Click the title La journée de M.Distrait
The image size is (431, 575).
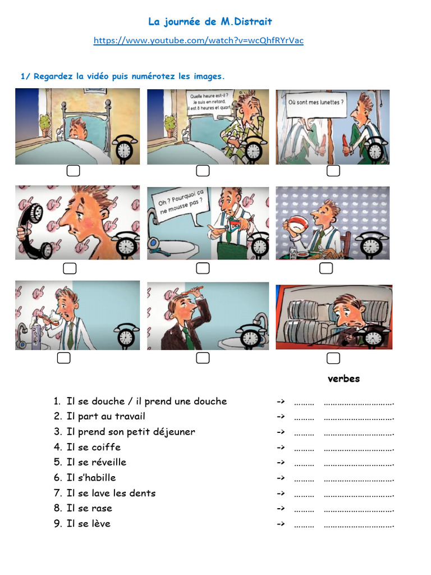(x=210, y=22)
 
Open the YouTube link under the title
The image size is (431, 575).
(x=198, y=40)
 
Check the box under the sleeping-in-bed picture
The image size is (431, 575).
(x=73, y=171)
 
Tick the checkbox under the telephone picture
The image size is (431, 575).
(x=69, y=268)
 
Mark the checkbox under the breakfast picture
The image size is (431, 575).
(x=325, y=268)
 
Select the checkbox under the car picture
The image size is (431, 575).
(x=333, y=358)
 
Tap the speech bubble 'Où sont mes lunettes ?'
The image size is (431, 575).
(x=315, y=103)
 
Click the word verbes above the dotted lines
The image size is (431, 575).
(x=343, y=378)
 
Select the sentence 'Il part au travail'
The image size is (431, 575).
(x=106, y=416)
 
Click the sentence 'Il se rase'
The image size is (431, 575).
(x=89, y=508)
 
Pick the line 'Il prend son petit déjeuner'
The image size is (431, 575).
(x=131, y=432)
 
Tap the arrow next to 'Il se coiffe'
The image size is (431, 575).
(x=281, y=447)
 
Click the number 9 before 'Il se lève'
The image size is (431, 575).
(x=57, y=523)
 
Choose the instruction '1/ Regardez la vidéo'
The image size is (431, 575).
(x=122, y=76)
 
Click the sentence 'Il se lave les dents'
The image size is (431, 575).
(x=111, y=493)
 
